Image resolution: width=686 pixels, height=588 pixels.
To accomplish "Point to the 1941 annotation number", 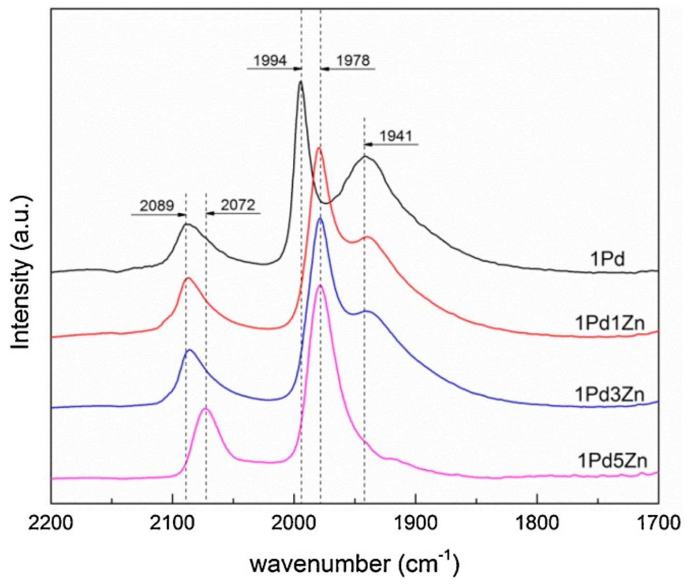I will (396, 136).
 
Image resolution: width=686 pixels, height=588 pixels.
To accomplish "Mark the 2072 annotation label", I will (238, 205).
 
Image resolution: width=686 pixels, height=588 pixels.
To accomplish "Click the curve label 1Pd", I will (607, 259).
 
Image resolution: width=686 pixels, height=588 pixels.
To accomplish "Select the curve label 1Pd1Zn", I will (610, 323).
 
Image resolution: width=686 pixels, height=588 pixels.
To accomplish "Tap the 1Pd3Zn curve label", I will (610, 394).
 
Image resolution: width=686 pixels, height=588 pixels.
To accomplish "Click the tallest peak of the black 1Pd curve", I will (301, 82).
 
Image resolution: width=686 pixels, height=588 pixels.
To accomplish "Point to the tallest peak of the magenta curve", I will (319, 286).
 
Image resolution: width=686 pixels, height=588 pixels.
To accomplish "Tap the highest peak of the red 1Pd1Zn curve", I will (318, 147).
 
